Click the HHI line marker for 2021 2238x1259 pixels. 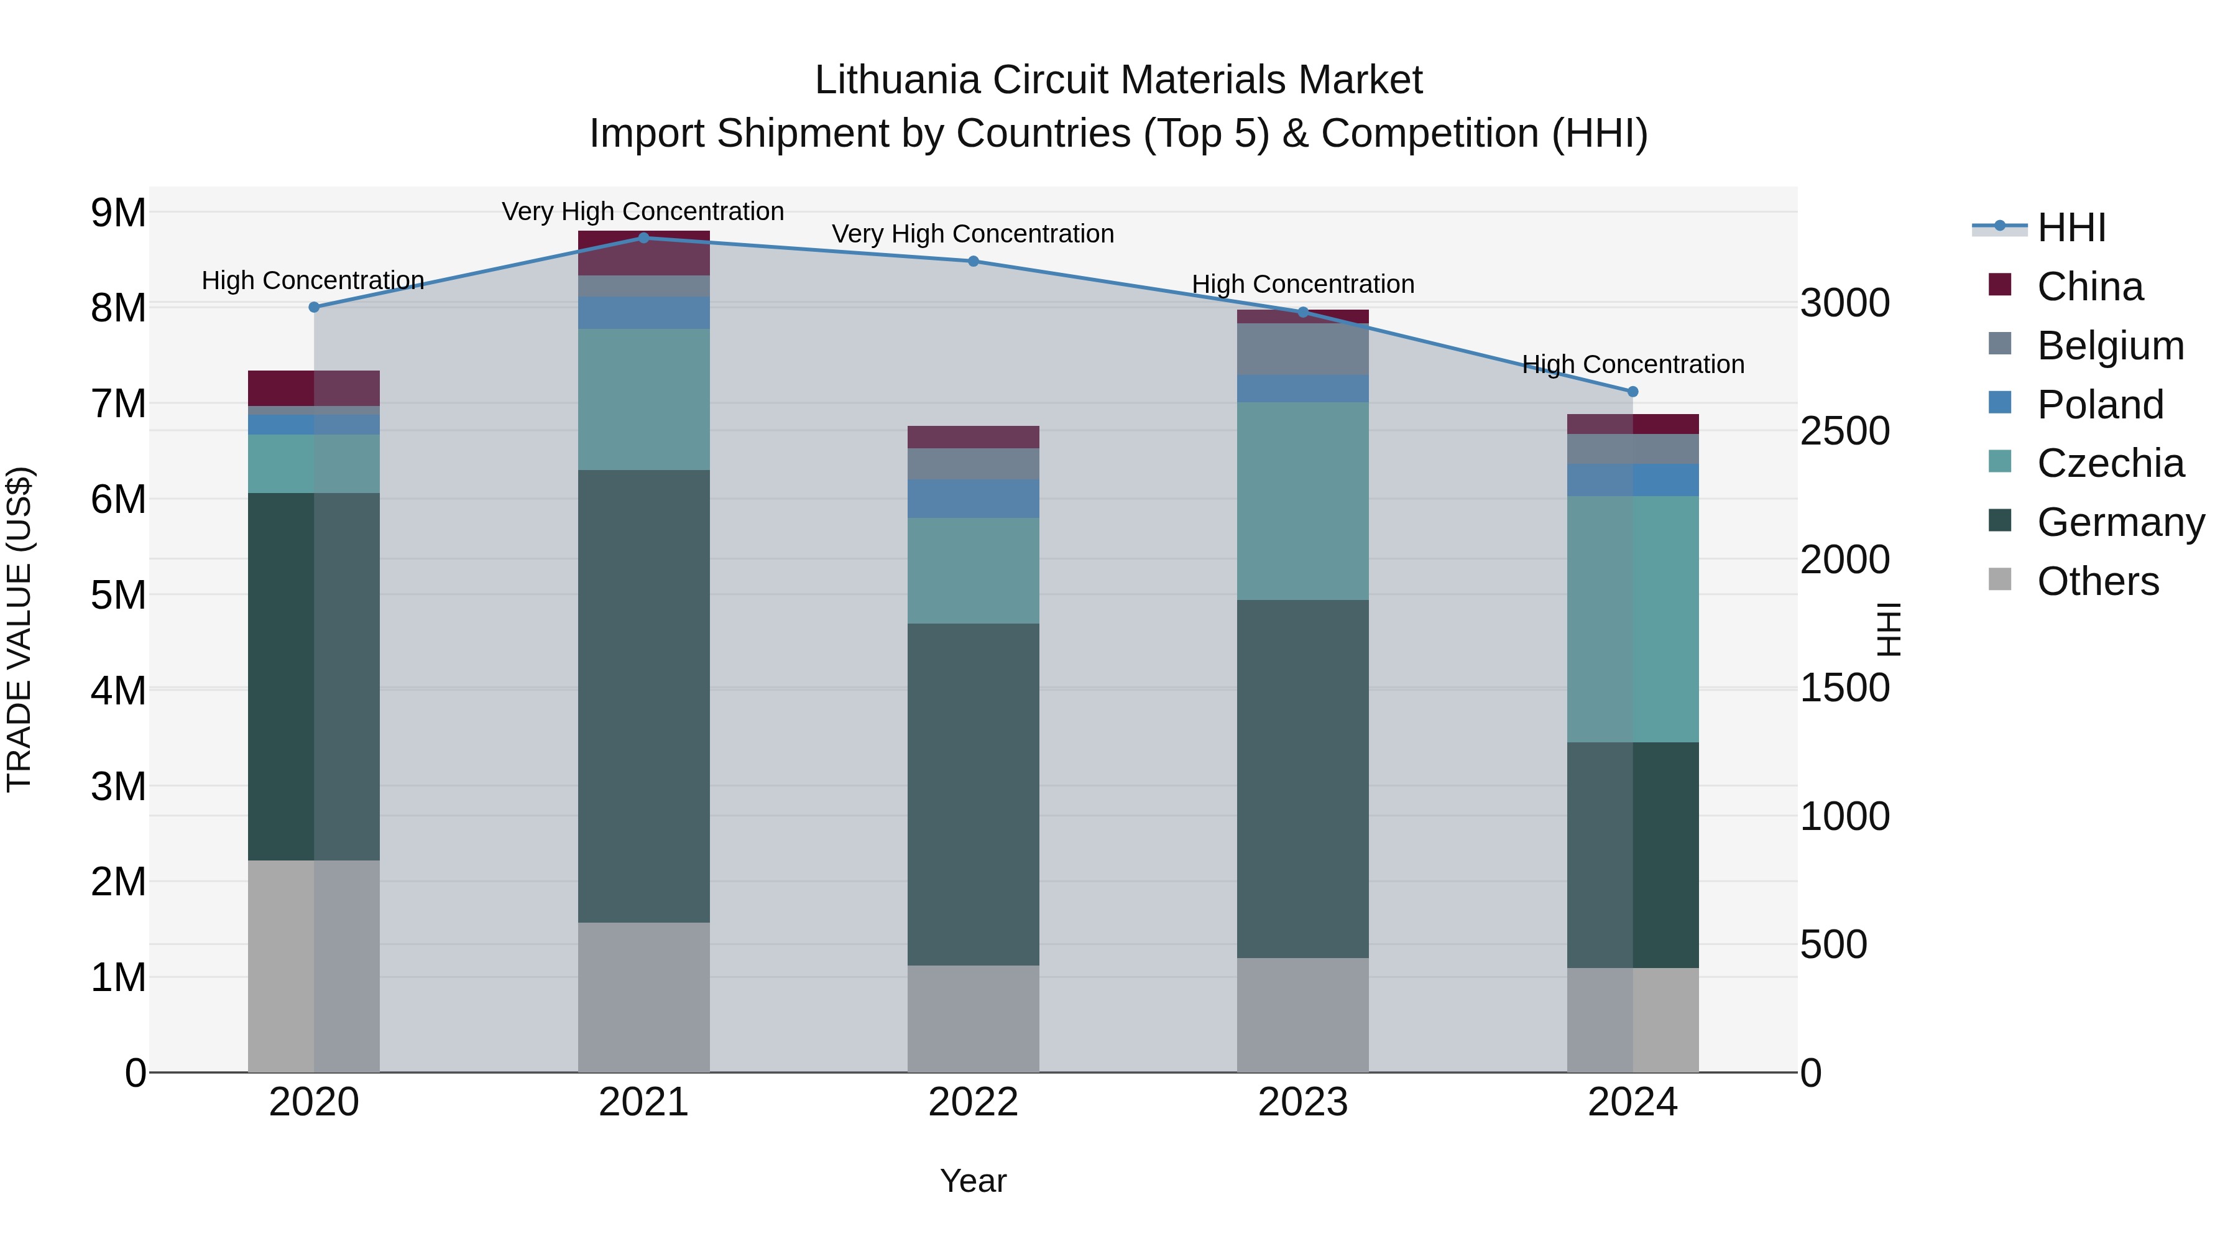tap(644, 238)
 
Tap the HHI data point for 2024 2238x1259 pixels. tap(1632, 392)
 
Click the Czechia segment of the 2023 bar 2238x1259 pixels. tap(1302, 500)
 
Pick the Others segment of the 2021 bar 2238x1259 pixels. tap(644, 997)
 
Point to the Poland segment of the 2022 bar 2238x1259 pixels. tap(973, 499)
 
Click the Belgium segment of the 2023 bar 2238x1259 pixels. tap(1302, 349)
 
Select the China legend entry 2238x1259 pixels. tap(2089, 287)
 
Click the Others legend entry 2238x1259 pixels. tap(2098, 581)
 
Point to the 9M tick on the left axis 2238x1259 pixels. tap(118, 213)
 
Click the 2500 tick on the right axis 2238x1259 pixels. tap(1844, 431)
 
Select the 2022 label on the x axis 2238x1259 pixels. tap(973, 1102)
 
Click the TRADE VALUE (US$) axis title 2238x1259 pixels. tap(19, 629)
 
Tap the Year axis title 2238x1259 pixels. tap(973, 1181)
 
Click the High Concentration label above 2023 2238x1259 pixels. tap(1302, 284)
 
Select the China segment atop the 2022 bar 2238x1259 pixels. tap(973, 437)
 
